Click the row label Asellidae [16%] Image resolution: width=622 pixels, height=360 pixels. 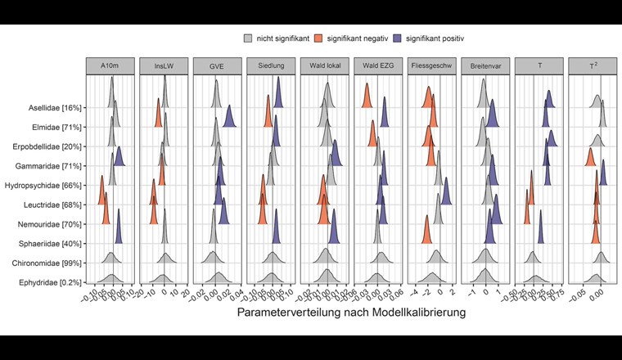pyautogui.click(x=56, y=108)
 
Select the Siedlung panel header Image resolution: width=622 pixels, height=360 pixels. pyautogui.click(x=271, y=67)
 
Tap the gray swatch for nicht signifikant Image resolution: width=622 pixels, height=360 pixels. pyautogui.click(x=248, y=38)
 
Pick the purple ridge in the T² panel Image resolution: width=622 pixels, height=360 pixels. pyautogui.click(x=603, y=173)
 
